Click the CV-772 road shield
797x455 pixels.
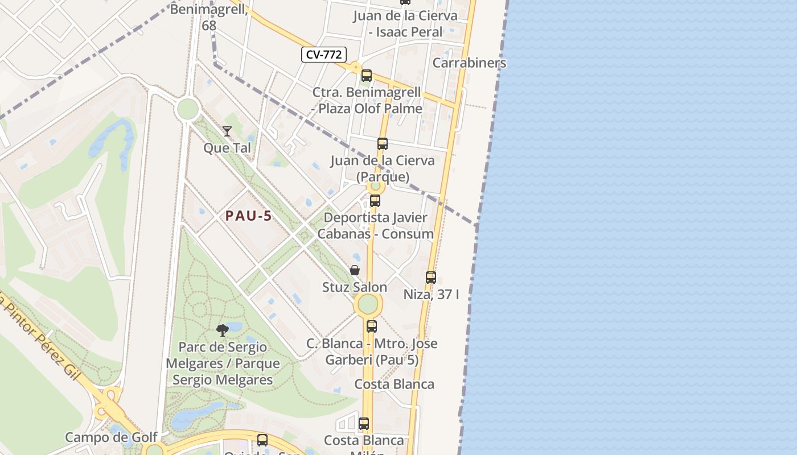coord(324,55)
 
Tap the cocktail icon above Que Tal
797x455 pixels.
coord(227,131)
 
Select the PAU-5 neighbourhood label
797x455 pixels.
coord(248,216)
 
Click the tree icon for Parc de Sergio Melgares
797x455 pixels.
coord(223,330)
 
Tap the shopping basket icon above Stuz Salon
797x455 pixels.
coord(355,270)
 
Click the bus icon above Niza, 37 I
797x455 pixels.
coord(431,278)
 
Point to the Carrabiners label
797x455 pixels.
coord(469,63)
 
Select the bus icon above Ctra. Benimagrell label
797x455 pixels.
coord(367,76)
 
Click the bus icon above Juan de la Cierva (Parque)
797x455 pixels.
coord(383,144)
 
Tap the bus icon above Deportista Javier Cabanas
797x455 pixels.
coord(375,201)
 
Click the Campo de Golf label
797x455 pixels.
coord(111,437)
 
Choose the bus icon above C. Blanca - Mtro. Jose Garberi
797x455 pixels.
coord(372,326)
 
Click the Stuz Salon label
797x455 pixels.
coord(355,287)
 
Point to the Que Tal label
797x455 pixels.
coord(227,148)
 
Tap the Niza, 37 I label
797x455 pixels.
coord(431,295)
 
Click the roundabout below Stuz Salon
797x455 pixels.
coord(368,304)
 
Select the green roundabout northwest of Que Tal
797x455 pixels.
coord(187,109)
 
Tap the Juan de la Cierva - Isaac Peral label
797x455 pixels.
coord(405,24)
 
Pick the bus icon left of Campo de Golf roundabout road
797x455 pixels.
coord(262,440)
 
